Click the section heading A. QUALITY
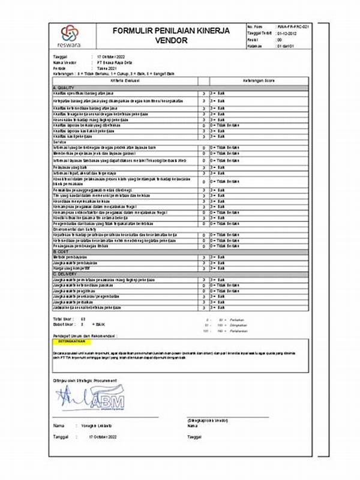point(64,88)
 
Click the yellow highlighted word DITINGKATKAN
point(71,341)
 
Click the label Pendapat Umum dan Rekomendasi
point(85,336)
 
